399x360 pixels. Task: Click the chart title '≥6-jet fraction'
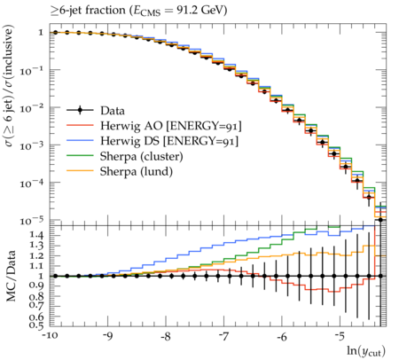point(88,11)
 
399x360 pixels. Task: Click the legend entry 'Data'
point(113,111)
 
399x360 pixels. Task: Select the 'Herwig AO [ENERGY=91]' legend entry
point(171,126)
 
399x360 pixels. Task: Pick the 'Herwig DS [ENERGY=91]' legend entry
point(169,141)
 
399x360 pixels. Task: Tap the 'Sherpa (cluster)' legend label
point(141,156)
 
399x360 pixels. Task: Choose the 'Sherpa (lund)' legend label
point(137,171)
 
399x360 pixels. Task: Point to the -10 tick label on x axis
point(50,337)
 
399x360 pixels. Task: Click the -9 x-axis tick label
point(107,337)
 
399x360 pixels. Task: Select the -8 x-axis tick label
point(166,337)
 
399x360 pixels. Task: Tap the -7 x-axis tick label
point(223,337)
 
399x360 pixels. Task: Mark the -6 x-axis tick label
point(282,337)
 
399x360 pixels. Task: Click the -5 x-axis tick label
point(340,337)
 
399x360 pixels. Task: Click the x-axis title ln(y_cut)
point(366,351)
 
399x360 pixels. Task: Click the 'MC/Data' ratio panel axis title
point(11,276)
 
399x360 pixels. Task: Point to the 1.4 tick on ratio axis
point(37,235)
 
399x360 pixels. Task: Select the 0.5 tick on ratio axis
point(37,325)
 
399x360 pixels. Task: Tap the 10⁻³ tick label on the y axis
point(32,145)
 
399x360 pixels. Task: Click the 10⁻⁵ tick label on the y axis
point(32,220)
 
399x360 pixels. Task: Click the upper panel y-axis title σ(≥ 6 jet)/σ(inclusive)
point(9,86)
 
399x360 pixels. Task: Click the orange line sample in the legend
point(80,170)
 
